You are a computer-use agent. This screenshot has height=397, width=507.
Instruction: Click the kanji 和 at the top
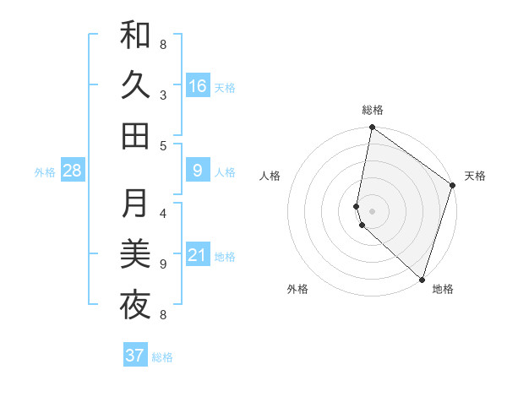point(135,36)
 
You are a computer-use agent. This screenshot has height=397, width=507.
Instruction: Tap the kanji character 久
point(135,85)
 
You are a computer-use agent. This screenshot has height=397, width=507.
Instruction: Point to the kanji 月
point(135,204)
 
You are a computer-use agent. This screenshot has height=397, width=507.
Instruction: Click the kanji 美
point(135,254)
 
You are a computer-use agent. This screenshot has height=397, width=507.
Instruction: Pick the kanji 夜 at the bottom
point(135,305)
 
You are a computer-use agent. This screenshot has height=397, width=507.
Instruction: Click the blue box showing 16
point(198,85)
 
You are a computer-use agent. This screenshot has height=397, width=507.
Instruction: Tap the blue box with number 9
point(198,171)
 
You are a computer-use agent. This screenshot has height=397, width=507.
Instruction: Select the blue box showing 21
point(198,255)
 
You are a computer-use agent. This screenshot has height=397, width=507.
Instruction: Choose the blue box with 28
point(73,171)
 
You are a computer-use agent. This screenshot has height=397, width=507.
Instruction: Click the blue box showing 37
point(135,356)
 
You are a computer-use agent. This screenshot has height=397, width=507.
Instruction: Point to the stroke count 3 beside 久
point(163,95)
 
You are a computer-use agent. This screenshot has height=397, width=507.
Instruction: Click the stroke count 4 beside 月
point(163,213)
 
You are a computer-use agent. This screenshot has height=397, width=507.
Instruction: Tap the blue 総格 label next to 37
point(163,357)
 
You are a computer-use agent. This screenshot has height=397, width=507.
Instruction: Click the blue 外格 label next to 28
point(45,172)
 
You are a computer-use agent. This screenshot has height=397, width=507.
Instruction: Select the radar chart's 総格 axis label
point(373,110)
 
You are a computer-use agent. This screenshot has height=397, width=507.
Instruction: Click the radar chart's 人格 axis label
point(270,176)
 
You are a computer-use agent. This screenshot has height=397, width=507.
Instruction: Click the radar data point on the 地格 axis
point(422,279)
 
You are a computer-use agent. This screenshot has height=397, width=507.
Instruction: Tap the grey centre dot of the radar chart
point(373,210)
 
